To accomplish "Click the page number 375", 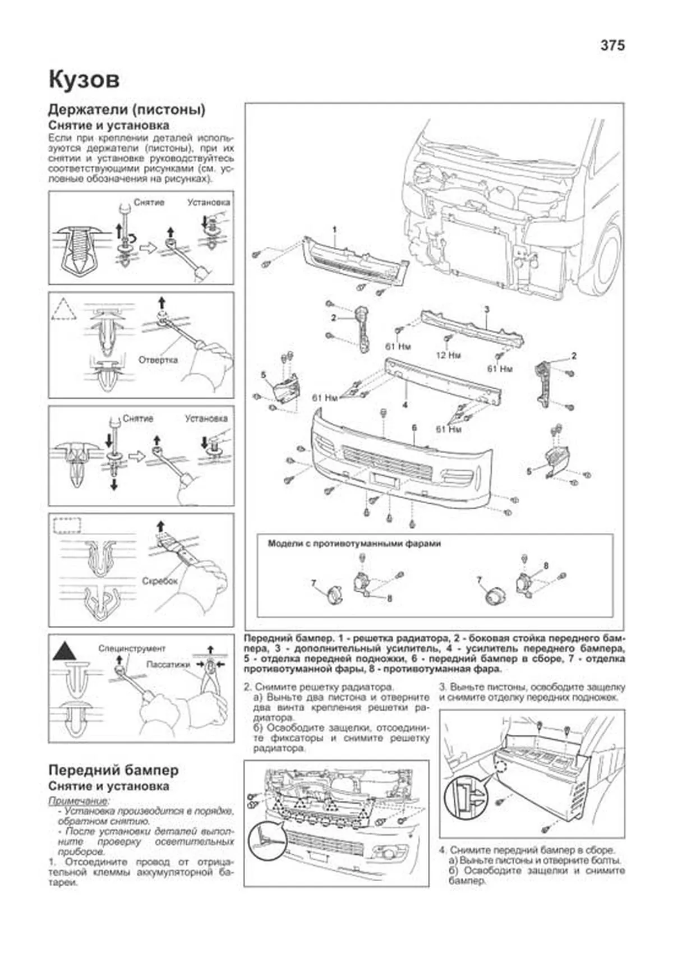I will point(612,45).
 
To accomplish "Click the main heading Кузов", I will point(84,80).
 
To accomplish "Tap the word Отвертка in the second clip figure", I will point(158,360).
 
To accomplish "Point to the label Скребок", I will point(160,581).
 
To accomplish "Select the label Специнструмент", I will point(132,648).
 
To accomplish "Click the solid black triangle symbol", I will point(64,651).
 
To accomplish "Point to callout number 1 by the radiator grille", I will point(334,229).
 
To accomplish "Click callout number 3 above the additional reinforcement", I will point(487,309).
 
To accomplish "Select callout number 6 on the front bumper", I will point(414,428).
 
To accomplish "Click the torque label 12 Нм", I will point(448,355).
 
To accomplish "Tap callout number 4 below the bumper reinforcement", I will point(404,404).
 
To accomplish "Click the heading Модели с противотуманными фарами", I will point(354,544).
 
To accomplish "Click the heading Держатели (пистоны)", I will point(127,109).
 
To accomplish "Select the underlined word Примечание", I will point(79,800).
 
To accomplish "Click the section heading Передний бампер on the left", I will point(113,770).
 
